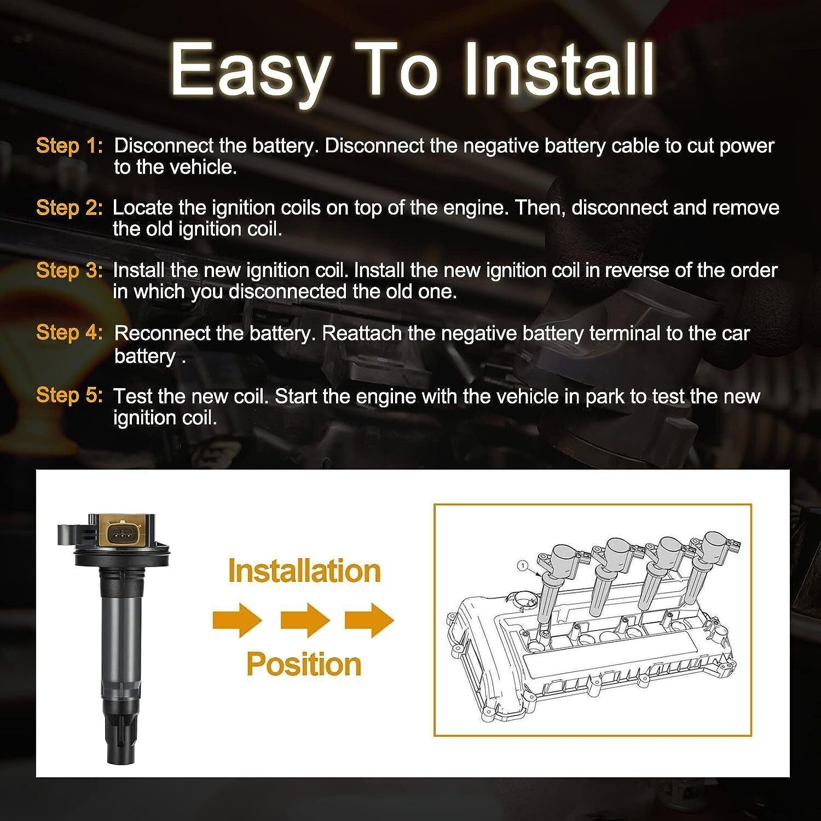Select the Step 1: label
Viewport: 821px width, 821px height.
69,146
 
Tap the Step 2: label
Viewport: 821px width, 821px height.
69,208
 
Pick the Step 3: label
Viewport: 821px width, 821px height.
69,270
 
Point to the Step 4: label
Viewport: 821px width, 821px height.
69,333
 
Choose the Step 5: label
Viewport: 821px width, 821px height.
69,395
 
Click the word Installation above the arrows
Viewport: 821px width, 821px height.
304,571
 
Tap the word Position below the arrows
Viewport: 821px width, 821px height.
304,664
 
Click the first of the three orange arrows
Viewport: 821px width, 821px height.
238,620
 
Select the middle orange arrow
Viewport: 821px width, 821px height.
305,620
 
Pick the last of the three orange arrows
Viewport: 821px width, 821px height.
369,620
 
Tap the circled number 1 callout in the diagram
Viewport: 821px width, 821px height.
523,565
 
